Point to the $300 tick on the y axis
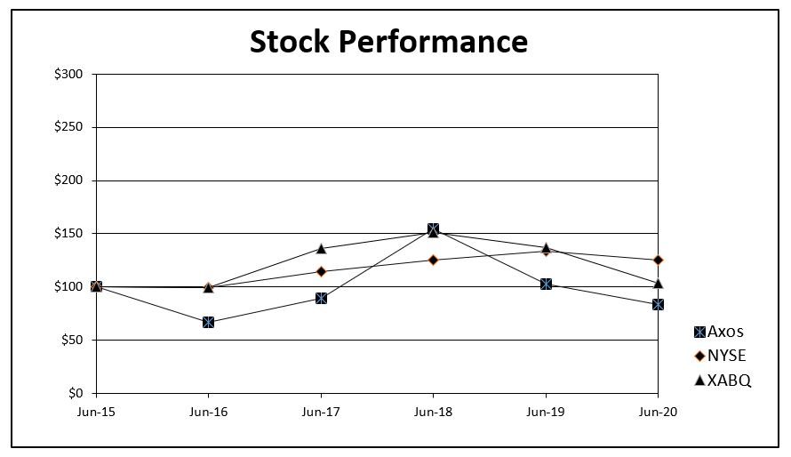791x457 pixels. (x=68, y=74)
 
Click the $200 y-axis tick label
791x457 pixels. (x=68, y=180)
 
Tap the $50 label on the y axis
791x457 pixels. (x=71, y=340)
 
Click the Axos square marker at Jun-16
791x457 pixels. (x=208, y=322)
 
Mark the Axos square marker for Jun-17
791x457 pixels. (x=321, y=298)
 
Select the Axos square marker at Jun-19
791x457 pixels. (x=546, y=284)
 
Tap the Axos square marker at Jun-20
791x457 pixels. (x=658, y=304)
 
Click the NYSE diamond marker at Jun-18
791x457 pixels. (x=433, y=260)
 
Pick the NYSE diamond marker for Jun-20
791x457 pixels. (x=658, y=260)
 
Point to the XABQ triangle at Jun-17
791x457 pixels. (x=321, y=248)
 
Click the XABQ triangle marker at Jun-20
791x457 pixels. (x=658, y=283)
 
